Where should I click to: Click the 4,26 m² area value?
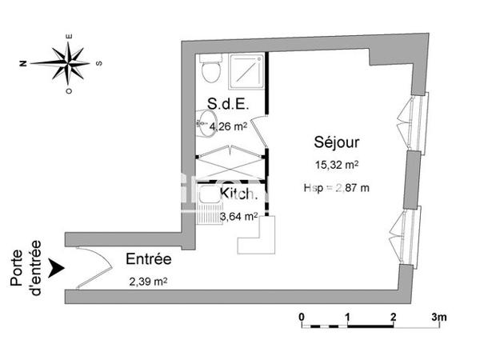point(228,124)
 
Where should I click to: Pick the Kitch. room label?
point(238,194)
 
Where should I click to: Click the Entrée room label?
point(149,259)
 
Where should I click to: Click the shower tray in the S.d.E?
point(246,73)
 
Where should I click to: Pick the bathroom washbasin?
point(206,122)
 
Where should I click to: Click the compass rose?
point(70,61)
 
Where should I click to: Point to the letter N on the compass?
point(25,62)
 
